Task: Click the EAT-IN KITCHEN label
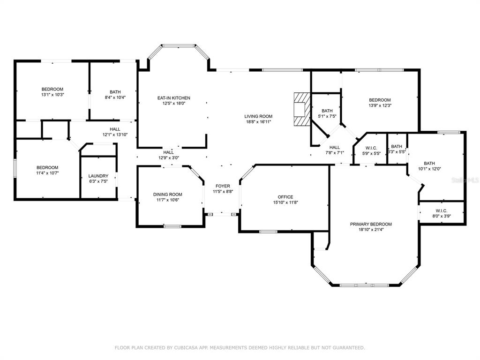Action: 173,98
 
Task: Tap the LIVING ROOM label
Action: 258,116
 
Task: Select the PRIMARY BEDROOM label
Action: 371,224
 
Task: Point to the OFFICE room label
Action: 285,197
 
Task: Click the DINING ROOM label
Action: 167,195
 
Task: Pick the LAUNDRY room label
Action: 98,176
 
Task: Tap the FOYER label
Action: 223,186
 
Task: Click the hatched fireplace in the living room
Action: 300,109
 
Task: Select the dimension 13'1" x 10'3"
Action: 52,95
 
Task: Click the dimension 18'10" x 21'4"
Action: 371,230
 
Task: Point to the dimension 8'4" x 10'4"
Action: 115,97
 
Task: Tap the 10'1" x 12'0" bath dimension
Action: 429,169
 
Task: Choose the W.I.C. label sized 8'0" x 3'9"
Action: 442,210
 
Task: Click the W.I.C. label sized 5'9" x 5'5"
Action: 371,148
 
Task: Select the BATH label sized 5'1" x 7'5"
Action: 327,111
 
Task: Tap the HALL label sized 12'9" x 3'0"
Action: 168,152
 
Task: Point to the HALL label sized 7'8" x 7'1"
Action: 335,147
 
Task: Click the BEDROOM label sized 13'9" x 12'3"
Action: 380,100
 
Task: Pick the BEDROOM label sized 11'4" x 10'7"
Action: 47,167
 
